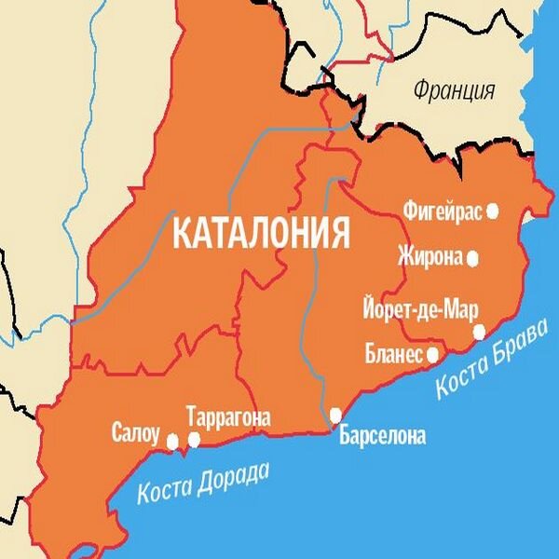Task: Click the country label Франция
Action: coord(454,91)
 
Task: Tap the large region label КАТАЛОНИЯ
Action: coord(262,232)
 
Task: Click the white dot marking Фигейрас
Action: coord(493,211)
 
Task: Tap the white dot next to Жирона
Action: coord(473,258)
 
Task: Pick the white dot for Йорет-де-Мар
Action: coord(479,331)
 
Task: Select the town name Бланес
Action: coord(395,354)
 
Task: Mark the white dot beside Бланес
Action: coord(432,355)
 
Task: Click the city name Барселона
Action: coord(382,434)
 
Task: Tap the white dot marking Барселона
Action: coord(336,414)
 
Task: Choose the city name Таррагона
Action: coord(228,417)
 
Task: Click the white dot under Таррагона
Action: coord(195,439)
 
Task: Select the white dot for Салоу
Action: coord(172,440)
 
